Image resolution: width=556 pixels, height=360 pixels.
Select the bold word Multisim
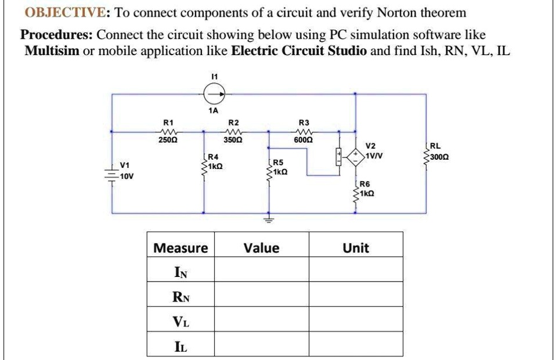[52, 51]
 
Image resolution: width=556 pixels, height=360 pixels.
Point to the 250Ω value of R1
[168, 139]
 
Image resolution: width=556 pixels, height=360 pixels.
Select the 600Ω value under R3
[304, 139]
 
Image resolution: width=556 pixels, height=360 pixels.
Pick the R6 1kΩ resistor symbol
[356, 192]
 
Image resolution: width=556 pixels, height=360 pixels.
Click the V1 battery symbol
[111, 172]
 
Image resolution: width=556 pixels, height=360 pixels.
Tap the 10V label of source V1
[127, 177]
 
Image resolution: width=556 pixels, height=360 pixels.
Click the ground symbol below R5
[268, 219]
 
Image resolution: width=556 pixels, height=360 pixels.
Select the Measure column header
[180, 249]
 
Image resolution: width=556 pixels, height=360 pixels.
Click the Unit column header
[355, 249]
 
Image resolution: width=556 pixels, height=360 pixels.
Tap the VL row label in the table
[180, 319]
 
